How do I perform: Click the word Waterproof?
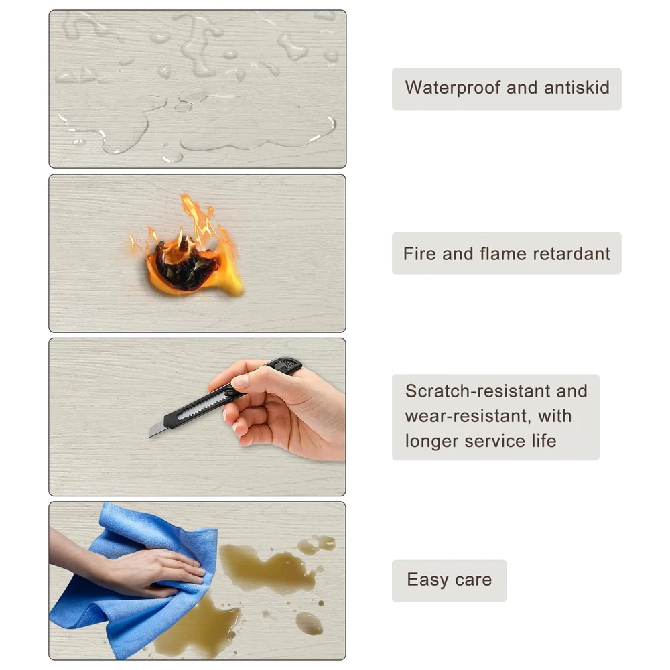[453, 88]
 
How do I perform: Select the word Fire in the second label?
[419, 253]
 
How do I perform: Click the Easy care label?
[449, 580]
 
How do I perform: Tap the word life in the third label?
[544, 441]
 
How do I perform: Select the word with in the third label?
[555, 416]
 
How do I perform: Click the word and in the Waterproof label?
[522, 88]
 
